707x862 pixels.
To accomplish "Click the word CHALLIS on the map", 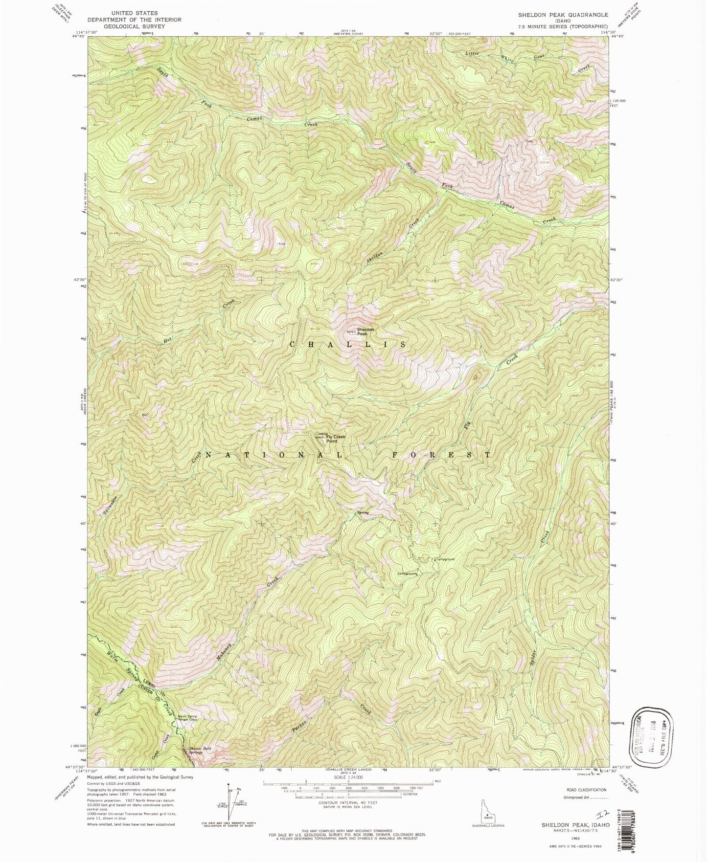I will coord(348,345).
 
